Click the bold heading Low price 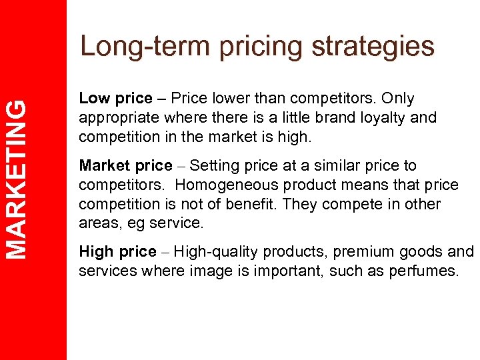click(x=115, y=99)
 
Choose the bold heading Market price click(x=125, y=165)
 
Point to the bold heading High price click(x=116, y=252)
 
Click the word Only click(x=398, y=99)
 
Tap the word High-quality click(x=217, y=252)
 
